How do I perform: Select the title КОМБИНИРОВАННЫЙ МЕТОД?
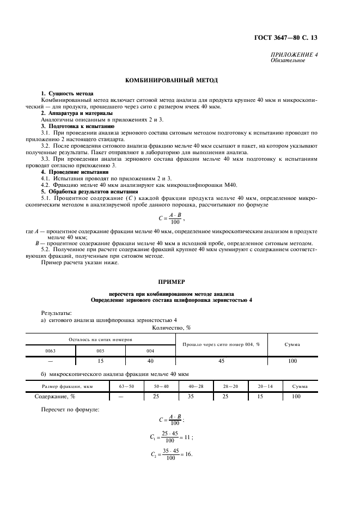(x=172, y=80)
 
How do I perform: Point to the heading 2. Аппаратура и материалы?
(x=77, y=113)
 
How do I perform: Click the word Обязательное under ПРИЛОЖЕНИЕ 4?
(x=288, y=60)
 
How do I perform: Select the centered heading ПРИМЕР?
(x=172, y=282)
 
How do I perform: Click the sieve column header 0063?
(x=51, y=351)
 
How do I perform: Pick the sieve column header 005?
(x=100, y=351)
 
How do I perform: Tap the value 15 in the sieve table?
(x=100, y=361)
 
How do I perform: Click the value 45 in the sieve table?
(x=221, y=361)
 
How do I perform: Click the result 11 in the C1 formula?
(x=188, y=437)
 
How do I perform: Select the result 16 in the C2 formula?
(x=188, y=454)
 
